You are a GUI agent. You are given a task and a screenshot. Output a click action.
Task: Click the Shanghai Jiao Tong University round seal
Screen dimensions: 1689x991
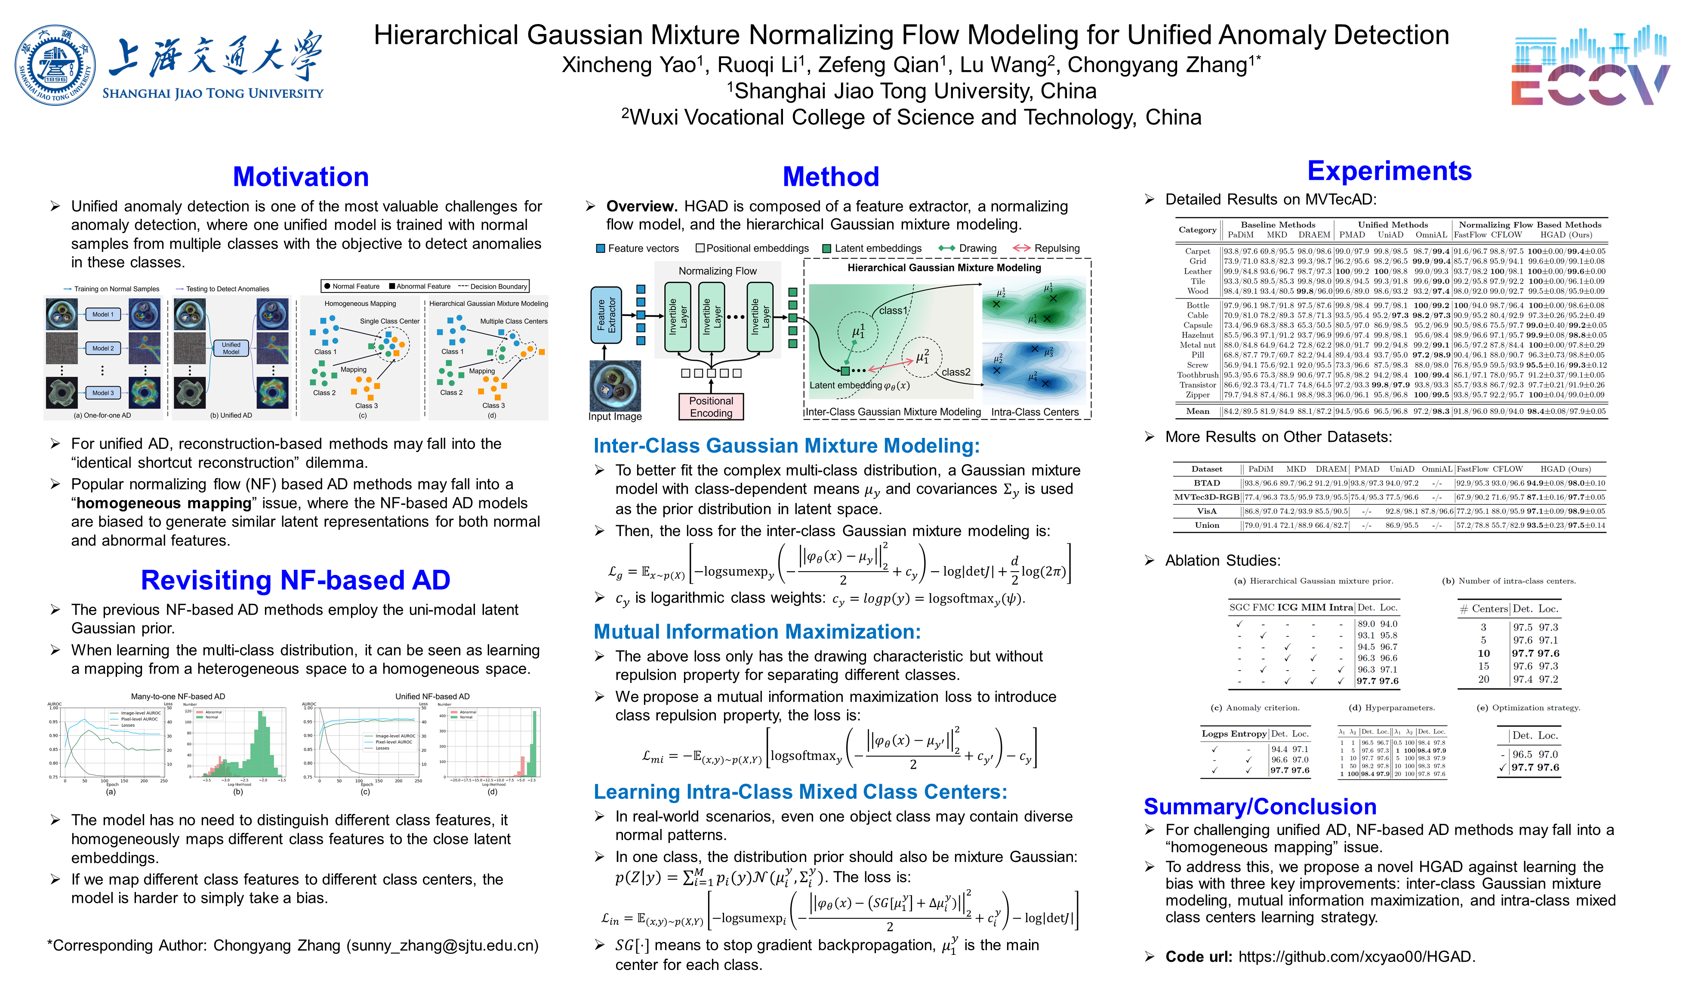pos(55,65)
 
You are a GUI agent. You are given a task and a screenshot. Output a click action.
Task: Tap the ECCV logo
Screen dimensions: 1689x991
pos(1588,67)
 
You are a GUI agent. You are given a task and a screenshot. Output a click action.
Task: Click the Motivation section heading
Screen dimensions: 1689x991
pos(301,177)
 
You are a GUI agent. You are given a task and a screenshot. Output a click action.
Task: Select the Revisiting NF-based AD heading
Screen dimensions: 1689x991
pos(296,580)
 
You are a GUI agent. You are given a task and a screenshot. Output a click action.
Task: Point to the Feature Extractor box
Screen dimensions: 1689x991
pos(605,315)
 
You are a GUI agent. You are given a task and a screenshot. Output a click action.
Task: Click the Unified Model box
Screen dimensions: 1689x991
pos(231,348)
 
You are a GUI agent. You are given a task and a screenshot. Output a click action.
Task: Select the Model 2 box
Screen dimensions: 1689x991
pos(102,348)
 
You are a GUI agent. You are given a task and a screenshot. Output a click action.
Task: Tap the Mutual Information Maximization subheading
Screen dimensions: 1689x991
pos(757,632)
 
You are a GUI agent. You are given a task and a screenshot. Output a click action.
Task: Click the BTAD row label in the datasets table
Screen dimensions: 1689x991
pos(1206,483)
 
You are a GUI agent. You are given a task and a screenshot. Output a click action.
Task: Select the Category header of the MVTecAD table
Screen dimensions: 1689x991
pos(1197,230)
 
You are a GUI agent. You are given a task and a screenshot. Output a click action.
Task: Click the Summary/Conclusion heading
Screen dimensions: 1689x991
pos(1260,807)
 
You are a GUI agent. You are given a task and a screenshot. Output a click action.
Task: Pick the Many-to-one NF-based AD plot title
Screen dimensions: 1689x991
pos(178,697)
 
